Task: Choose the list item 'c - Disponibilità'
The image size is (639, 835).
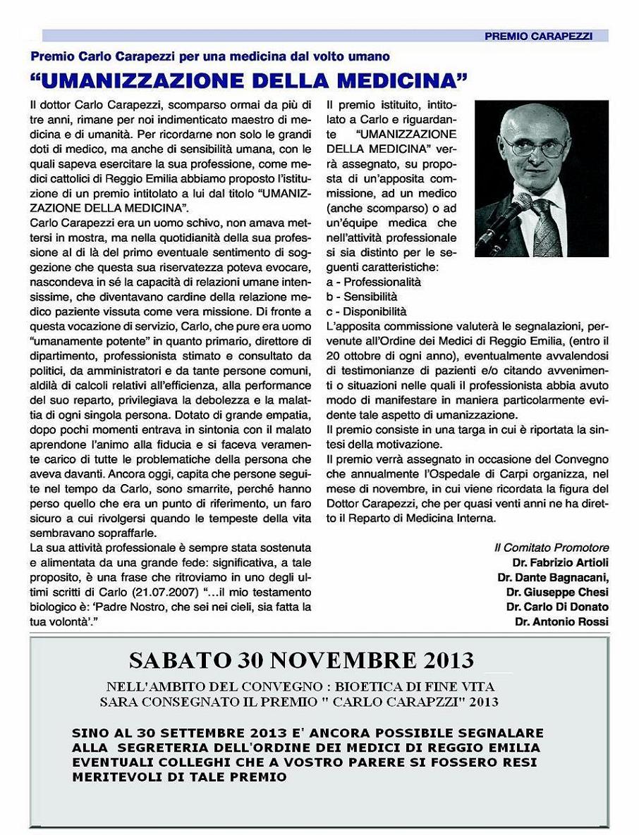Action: (x=366, y=311)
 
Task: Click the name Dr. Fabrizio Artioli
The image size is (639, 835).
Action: (x=561, y=562)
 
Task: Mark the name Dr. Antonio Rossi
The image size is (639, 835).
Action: (x=561, y=621)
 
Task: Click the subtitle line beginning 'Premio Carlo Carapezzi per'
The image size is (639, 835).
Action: (x=210, y=56)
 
